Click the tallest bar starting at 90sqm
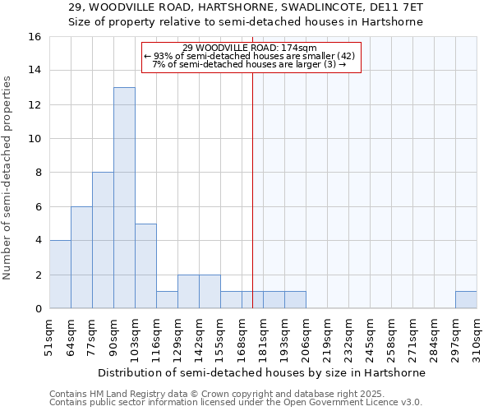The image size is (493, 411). (x=124, y=197)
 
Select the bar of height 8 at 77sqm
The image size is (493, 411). (x=103, y=240)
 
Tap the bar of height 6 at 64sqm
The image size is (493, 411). (x=81, y=257)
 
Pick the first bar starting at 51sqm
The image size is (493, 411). (x=60, y=275)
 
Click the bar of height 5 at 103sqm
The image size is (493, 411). (x=145, y=266)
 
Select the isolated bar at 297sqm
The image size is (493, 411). (x=466, y=300)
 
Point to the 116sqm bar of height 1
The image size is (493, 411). (x=167, y=300)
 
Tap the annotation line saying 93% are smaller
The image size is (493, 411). (x=250, y=56)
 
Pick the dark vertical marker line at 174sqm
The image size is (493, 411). (x=252, y=181)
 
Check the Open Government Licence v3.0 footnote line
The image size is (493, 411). (x=236, y=403)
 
